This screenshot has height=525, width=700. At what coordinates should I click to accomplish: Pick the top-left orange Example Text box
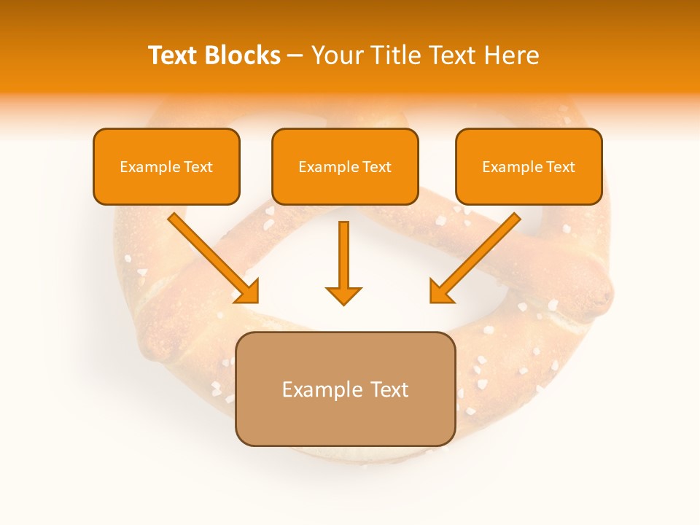[166, 167]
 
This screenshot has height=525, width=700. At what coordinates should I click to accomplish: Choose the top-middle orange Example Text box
[345, 167]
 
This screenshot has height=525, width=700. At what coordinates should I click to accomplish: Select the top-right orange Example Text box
[529, 167]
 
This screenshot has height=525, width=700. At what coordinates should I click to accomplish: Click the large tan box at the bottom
[345, 389]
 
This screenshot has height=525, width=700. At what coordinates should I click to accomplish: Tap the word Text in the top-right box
[561, 167]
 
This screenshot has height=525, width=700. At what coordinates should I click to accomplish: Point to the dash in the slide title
[296, 56]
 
